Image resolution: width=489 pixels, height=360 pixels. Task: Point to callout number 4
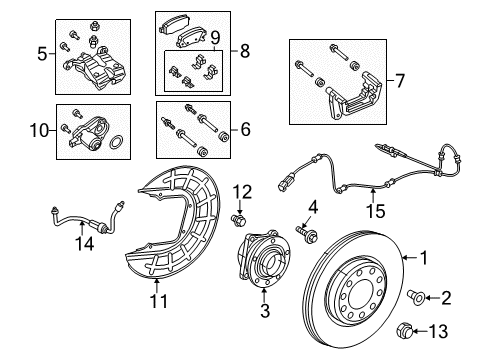pos(312,207)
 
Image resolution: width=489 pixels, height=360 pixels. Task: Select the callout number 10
pos(41,130)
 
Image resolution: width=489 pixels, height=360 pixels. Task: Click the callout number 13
pos(452,331)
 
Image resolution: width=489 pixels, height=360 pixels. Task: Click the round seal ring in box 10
pos(118,144)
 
